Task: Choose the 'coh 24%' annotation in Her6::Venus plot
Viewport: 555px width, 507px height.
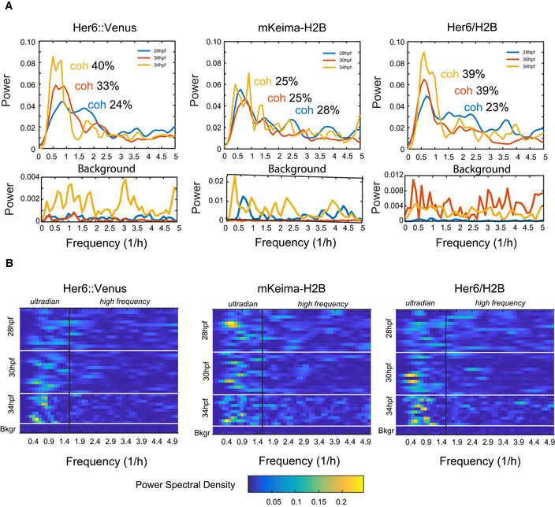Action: tap(112, 105)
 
